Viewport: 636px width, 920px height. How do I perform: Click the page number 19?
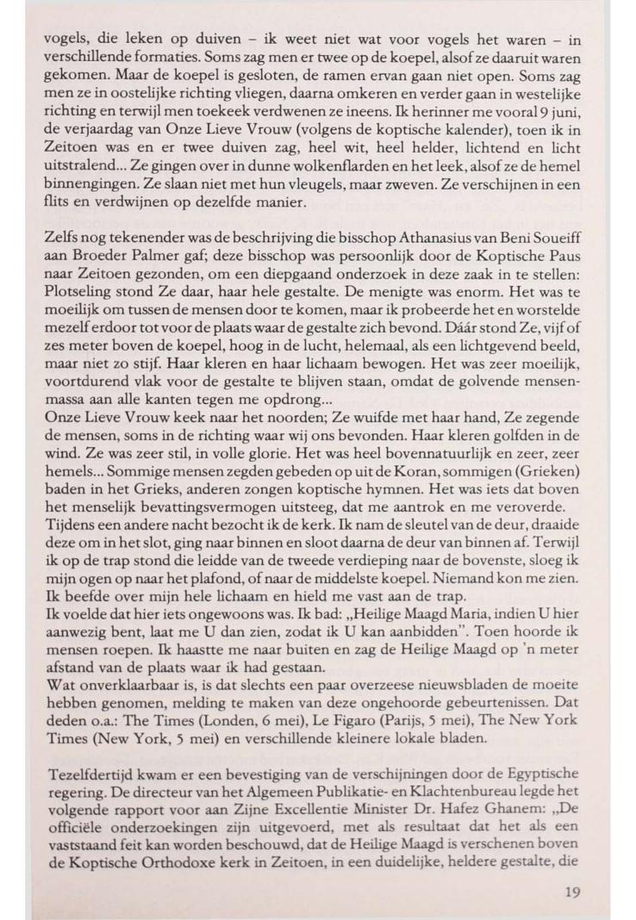coord(571,892)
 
